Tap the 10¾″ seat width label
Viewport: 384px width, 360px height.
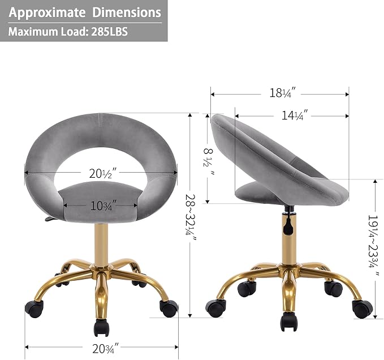click(x=102, y=205)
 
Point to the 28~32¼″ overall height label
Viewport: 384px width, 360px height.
click(x=191, y=216)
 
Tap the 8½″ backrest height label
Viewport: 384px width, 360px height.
click(x=208, y=161)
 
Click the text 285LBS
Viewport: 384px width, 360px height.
click(x=110, y=32)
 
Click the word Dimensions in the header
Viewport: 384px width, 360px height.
click(x=127, y=12)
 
